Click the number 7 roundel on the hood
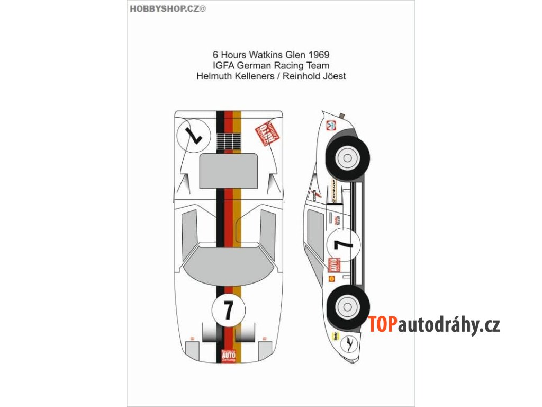(228, 309)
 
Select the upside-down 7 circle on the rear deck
(193, 136)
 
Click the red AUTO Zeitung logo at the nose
(229, 354)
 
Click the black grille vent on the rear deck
(229, 141)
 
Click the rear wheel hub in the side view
(348, 157)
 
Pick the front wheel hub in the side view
(348, 306)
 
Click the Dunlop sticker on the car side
(334, 190)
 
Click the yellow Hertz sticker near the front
(335, 335)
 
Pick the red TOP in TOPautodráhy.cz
(383, 324)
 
